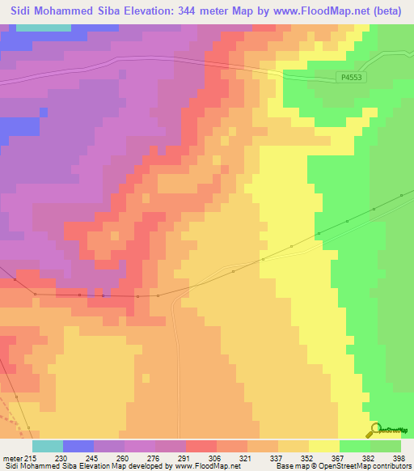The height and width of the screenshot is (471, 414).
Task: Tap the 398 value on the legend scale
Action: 399,458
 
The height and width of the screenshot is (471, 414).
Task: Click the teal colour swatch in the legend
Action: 48,446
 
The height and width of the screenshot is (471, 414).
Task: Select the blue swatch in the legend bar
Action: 78,446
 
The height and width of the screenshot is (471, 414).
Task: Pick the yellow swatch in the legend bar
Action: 323,446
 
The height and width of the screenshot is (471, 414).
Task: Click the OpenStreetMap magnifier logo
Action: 375,430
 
